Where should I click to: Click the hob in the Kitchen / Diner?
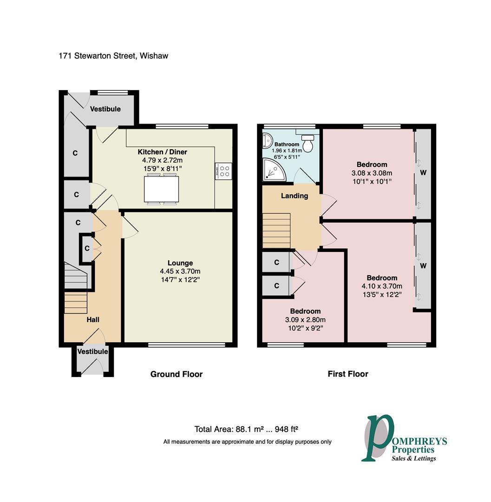(x=223, y=171)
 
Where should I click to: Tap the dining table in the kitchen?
(x=162, y=189)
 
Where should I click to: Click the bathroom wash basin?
(x=267, y=141)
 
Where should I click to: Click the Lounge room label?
(x=180, y=263)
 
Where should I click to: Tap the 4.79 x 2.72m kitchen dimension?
(x=162, y=160)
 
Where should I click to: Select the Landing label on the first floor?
(x=295, y=196)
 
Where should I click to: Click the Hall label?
(x=93, y=319)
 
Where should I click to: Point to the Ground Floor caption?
(x=177, y=374)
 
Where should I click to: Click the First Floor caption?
(x=348, y=374)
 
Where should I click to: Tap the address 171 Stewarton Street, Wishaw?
(x=113, y=56)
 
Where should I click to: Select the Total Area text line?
(x=246, y=429)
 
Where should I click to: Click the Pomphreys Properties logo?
(x=404, y=439)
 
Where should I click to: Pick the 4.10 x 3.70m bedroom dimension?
(x=382, y=286)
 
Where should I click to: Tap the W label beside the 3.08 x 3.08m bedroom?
(x=423, y=173)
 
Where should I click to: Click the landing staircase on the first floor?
(x=277, y=231)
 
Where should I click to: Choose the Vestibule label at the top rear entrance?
(x=105, y=109)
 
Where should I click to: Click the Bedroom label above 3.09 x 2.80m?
(x=305, y=311)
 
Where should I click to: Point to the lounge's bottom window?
(x=186, y=345)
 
